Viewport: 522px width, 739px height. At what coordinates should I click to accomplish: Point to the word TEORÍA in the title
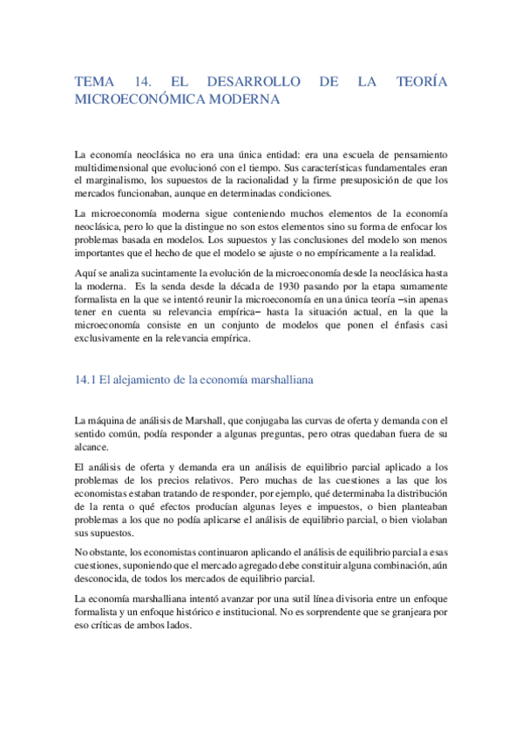coord(422,82)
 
